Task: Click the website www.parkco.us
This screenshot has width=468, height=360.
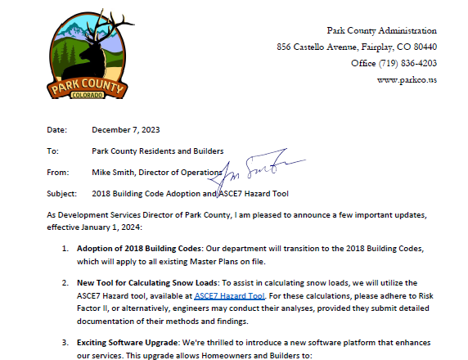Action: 407,79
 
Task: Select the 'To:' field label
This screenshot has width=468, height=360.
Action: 53,151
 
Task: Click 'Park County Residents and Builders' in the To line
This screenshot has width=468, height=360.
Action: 158,151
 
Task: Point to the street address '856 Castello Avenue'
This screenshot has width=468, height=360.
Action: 312,47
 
